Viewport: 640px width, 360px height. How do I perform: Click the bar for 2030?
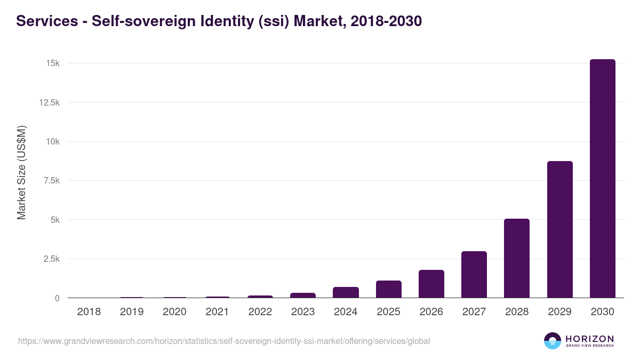pos(602,179)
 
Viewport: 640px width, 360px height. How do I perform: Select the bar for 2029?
pos(559,229)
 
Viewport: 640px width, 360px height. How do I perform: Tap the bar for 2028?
pos(517,258)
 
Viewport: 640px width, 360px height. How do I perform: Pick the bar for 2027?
pos(474,275)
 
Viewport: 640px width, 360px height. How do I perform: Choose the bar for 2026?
pos(431,284)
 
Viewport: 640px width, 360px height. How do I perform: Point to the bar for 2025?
pos(388,289)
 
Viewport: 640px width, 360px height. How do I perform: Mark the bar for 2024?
pos(346,292)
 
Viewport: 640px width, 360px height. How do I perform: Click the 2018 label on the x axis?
pos(89,312)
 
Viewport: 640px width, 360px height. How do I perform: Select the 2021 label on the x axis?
pos(217,312)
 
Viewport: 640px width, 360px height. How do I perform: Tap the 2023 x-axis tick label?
pos(303,312)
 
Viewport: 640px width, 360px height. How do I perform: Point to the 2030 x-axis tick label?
pos(602,312)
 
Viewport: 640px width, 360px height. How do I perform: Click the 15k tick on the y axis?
pos(52,63)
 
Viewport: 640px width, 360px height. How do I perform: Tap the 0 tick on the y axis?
pos(57,298)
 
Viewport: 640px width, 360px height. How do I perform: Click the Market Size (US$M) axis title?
pos(21,173)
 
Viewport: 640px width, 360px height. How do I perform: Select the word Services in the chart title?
pos(46,21)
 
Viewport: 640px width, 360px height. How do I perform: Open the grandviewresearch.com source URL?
pos(223,341)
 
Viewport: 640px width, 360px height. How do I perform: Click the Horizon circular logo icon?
pos(552,341)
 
